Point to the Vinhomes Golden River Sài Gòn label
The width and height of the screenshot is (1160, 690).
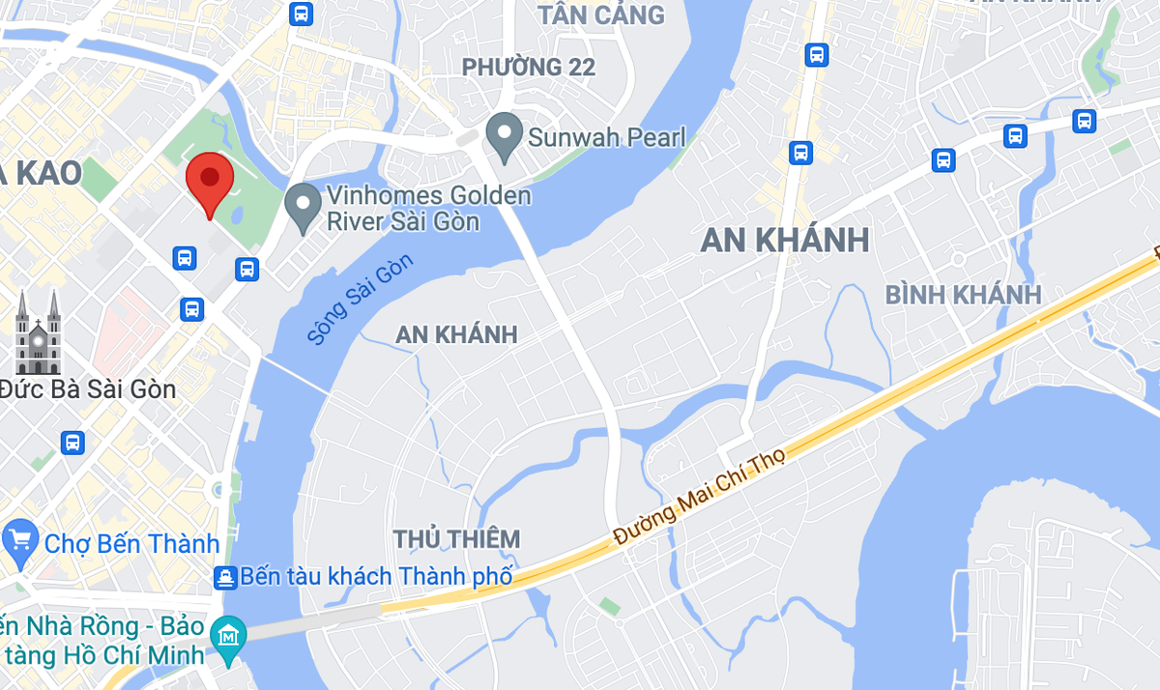[428, 209]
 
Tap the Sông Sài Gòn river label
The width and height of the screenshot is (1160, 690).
[360, 300]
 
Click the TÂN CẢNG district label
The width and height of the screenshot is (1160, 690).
[601, 15]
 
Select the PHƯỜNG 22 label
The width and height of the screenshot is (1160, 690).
[529, 68]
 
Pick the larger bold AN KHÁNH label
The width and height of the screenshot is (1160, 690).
[785, 241]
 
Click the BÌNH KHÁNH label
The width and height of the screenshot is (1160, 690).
[963, 295]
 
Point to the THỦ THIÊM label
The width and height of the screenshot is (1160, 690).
[456, 538]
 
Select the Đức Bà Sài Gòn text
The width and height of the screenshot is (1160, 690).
[89, 389]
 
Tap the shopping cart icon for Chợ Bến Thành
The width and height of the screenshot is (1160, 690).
[19, 541]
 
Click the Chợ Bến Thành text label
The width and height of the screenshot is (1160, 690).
[131, 543]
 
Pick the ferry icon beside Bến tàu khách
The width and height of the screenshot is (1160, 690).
[225, 578]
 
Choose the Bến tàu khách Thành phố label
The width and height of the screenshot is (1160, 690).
[376, 577]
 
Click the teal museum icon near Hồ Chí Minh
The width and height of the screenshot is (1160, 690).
[229, 637]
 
